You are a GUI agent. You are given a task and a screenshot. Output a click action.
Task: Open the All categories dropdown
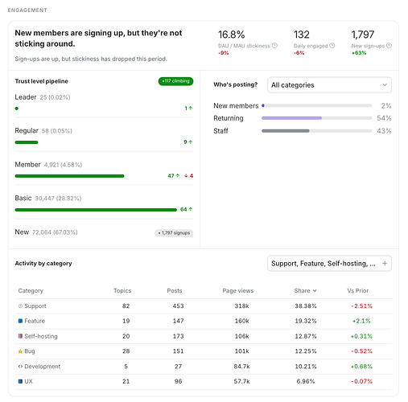pyautogui.click(x=329, y=85)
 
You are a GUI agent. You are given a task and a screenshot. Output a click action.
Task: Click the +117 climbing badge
pyautogui.click(x=175, y=81)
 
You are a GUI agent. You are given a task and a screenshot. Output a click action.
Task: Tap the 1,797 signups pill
pyautogui.click(x=174, y=233)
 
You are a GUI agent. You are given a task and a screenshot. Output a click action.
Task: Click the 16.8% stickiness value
pyautogui.click(x=231, y=35)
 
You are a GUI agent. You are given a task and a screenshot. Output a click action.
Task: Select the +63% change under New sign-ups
pyautogui.click(x=359, y=53)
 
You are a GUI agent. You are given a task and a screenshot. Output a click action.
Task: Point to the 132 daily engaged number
pyautogui.click(x=302, y=35)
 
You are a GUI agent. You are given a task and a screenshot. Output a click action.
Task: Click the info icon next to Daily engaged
pyautogui.click(x=332, y=46)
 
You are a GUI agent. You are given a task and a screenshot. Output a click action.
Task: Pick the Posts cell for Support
pyautogui.click(x=178, y=306)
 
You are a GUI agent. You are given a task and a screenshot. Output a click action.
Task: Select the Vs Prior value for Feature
pyautogui.click(x=361, y=321)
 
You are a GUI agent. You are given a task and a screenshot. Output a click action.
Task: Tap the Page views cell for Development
pyautogui.click(x=241, y=367)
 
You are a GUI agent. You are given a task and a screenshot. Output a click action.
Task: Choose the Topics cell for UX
pyautogui.click(x=126, y=381)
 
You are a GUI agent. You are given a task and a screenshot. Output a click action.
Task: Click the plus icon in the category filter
pyautogui.click(x=385, y=264)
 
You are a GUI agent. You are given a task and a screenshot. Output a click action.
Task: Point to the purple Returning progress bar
pyautogui.click(x=291, y=118)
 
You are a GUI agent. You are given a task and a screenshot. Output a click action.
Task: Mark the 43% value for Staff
pyautogui.click(x=384, y=131)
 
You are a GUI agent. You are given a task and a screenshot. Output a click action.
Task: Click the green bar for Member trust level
pyautogui.click(x=69, y=176)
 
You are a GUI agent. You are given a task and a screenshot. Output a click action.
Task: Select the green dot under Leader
pyautogui.click(x=17, y=109)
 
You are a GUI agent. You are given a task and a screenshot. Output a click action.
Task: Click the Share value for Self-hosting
pyautogui.click(x=306, y=336)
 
